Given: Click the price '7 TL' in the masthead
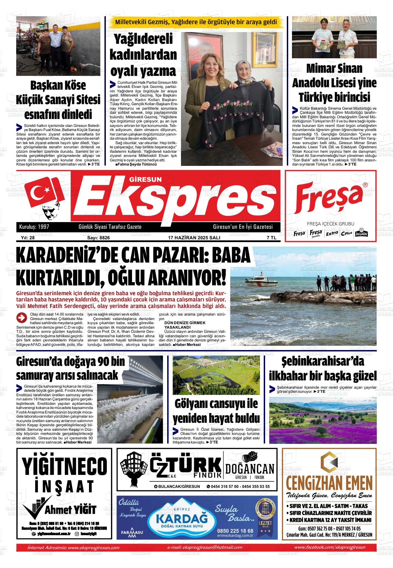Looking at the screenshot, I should click(271, 238).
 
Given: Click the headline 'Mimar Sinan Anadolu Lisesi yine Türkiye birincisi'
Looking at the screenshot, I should click(334, 83).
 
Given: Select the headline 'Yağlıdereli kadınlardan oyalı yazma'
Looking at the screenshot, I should click(143, 55).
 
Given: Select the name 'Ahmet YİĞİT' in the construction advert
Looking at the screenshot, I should click(70, 509).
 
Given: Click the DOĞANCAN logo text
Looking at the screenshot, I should click(250, 469).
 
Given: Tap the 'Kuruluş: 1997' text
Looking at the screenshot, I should click(31, 227).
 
